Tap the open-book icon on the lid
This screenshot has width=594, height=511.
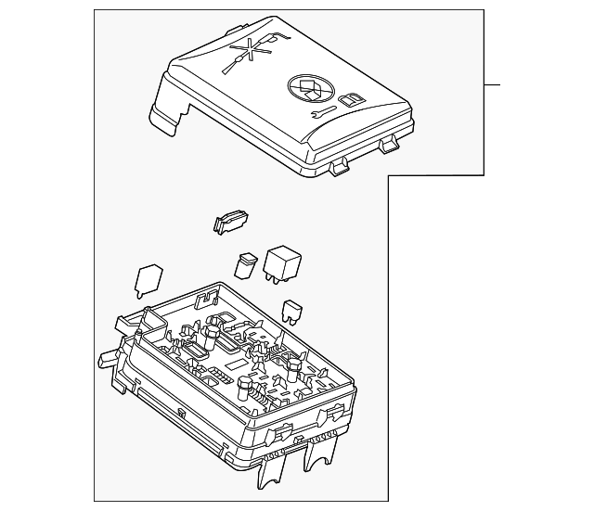pos(352,102)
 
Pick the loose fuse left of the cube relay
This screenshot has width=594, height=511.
pos(247,263)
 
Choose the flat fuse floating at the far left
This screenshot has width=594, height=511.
pos(148,280)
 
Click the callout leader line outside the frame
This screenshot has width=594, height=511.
pos(492,85)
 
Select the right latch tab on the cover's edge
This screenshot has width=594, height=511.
pos(387,145)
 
